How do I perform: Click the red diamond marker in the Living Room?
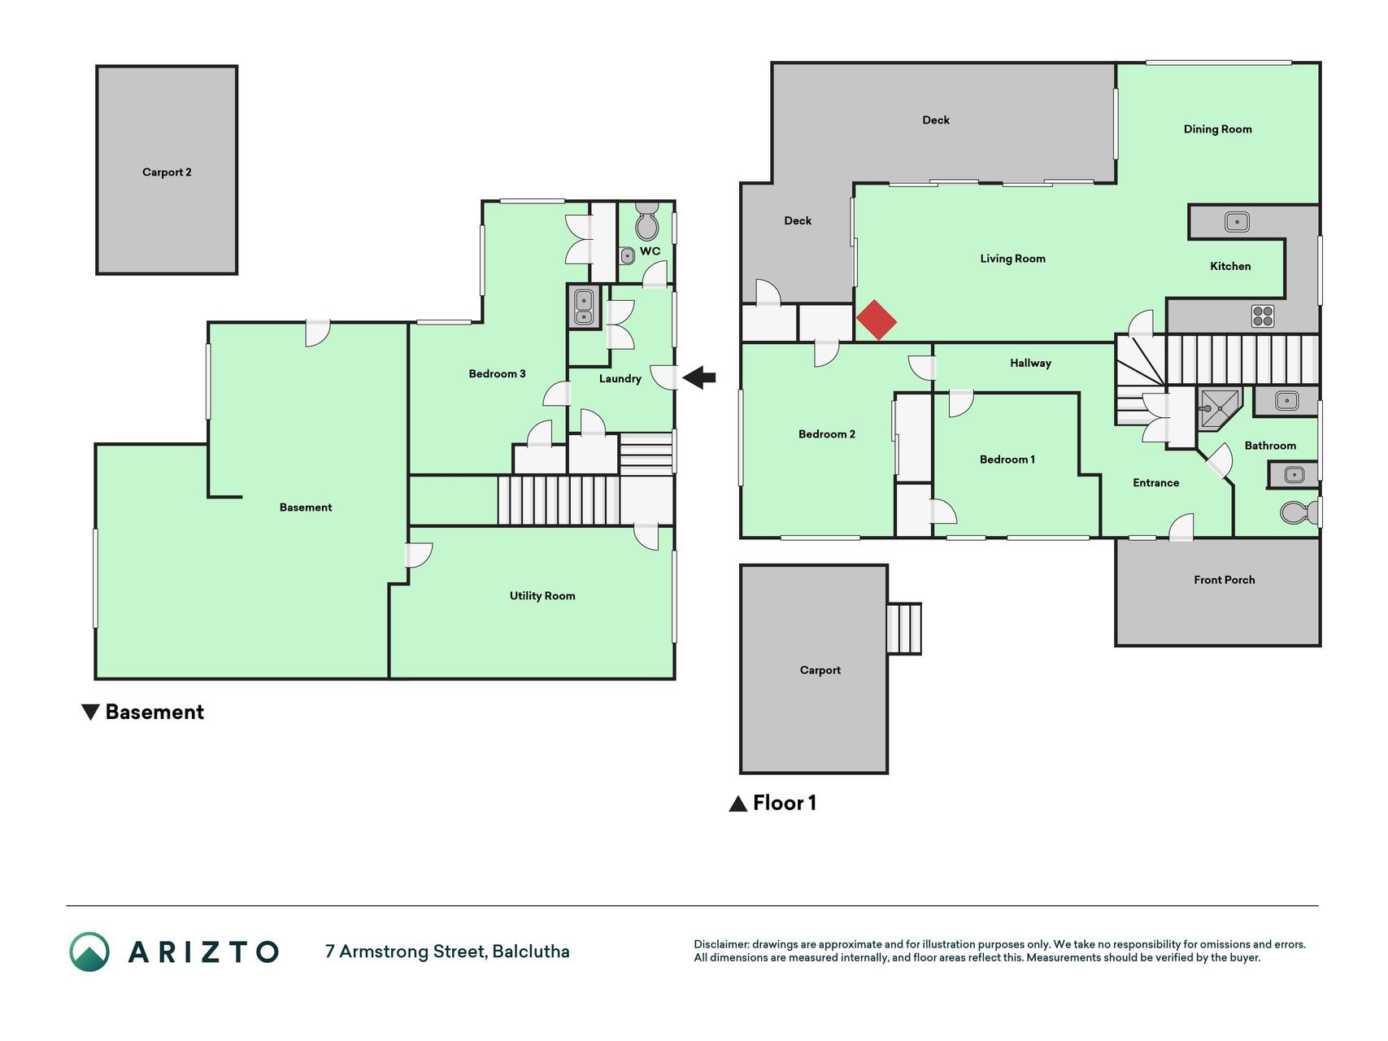point(877,320)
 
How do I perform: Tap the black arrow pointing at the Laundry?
point(699,377)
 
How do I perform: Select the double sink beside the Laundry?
point(584,307)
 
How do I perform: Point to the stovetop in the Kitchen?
point(1263,316)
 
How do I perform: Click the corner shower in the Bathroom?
point(1219,407)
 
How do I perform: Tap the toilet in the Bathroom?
point(1299,512)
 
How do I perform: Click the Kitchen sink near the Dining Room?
point(1237,221)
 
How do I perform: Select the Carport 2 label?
point(167,172)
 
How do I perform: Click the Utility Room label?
point(542,596)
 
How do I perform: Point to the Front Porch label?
point(1224,580)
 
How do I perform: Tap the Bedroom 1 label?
point(1007,460)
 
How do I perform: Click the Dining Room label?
point(1217,129)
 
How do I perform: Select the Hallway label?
point(1030,364)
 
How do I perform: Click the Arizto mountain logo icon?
point(89,952)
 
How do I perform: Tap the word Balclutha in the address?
point(531,952)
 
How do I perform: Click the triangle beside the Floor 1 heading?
point(738,804)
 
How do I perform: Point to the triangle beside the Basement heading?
point(91,712)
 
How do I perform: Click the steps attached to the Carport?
point(903,629)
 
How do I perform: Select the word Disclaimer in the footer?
point(721,944)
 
